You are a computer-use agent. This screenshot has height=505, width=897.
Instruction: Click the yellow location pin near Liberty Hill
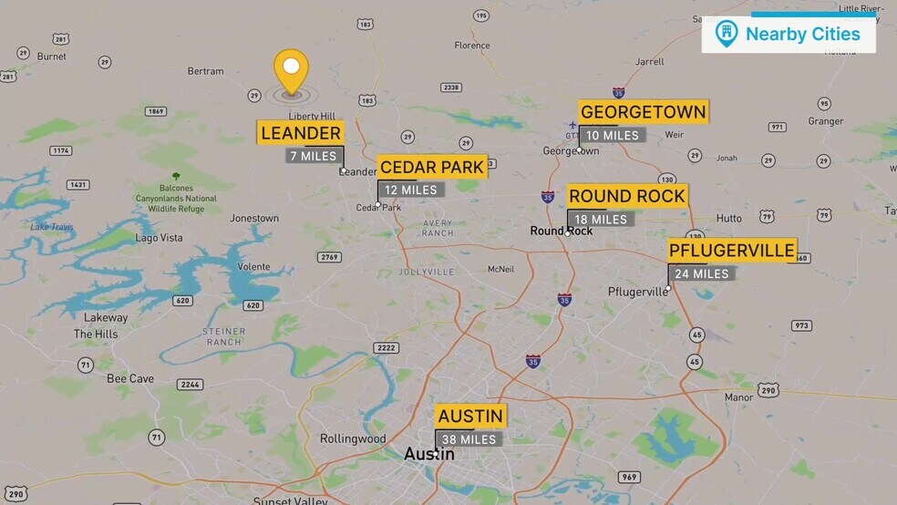click(292, 69)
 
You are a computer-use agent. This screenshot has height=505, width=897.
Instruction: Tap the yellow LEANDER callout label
click(301, 133)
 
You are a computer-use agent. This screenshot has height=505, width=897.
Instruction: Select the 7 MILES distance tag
click(313, 156)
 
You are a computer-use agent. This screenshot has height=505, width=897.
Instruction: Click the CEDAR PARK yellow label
click(431, 167)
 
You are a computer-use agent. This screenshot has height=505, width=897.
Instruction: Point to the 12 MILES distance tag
click(411, 190)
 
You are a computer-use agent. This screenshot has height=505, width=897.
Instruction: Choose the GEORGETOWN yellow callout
click(643, 112)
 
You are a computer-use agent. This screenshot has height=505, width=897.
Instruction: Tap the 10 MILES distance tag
click(612, 135)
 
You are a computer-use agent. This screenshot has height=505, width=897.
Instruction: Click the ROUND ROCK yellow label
click(626, 196)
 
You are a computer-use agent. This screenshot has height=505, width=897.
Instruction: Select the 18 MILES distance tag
click(601, 219)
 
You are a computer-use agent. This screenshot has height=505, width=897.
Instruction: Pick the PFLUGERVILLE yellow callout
click(732, 250)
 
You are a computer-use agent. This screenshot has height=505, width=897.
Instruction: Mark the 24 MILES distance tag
click(701, 273)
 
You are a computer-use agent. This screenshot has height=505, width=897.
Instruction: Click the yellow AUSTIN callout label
click(470, 417)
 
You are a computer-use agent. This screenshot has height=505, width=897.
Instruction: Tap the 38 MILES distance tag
click(469, 439)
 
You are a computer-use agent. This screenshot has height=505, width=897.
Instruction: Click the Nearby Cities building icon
click(726, 34)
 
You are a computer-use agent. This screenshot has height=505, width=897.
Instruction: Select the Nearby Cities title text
click(802, 34)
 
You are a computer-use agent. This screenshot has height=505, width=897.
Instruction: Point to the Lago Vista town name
click(159, 238)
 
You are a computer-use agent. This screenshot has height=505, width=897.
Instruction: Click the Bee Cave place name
click(130, 378)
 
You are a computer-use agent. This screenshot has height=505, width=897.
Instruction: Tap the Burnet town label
click(51, 57)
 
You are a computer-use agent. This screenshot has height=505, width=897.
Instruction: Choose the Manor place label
click(738, 397)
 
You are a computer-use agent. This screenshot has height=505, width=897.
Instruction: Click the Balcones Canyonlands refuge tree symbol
click(176, 176)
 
